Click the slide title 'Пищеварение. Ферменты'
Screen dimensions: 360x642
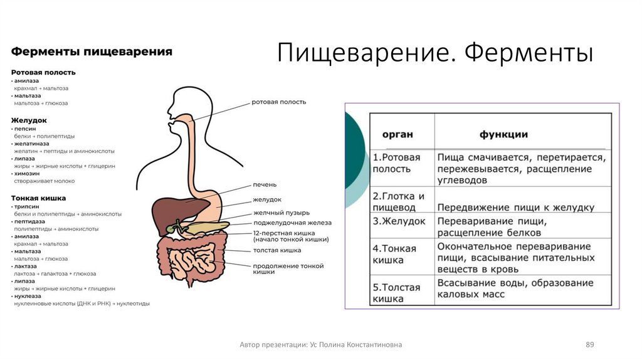pos(435,53)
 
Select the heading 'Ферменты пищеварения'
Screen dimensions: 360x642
pos(92,52)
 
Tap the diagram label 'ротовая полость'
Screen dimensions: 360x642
pos(279,102)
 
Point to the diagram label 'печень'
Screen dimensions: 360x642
pos(265,184)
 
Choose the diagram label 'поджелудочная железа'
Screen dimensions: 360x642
pos(292,223)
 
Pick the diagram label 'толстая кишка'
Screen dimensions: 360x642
pos(277,250)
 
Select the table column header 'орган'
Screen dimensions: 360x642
pos(397,135)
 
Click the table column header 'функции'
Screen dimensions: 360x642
pos(503,135)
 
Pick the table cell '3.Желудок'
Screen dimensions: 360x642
pos(399,222)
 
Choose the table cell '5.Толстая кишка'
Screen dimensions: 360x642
pos(397,293)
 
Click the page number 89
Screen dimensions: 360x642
pos(590,345)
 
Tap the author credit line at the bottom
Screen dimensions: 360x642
pos(321,345)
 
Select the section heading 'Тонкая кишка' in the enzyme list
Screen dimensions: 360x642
pos(38,198)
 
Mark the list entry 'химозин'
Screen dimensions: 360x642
pos(27,173)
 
